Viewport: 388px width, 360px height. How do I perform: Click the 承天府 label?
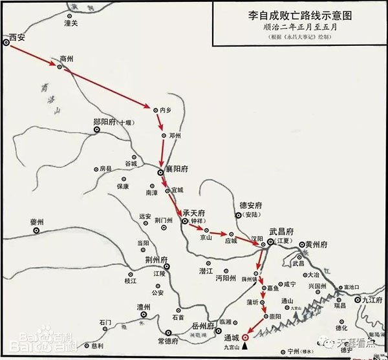[193, 213]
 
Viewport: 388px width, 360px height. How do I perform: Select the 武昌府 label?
[281, 231]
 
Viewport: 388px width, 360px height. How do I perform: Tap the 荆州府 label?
[157, 260]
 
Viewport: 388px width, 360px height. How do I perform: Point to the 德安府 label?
[249, 202]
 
